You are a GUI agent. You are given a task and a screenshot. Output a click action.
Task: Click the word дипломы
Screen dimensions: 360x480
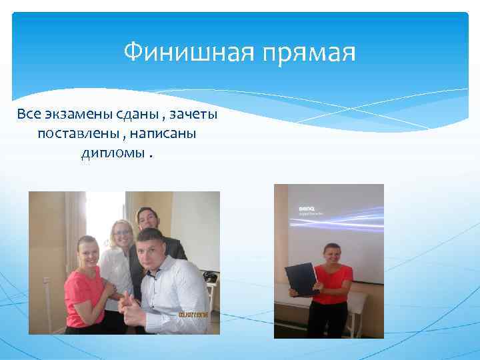[x=111, y=154]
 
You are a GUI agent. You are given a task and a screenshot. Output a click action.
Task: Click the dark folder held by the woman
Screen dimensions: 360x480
[x=301, y=279]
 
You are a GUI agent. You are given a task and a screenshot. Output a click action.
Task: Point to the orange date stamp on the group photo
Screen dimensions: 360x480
[x=193, y=313]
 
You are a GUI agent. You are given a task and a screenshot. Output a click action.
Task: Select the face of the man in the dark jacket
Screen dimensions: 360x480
[x=145, y=219]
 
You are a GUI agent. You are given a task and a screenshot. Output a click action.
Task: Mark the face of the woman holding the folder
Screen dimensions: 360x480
[x=331, y=253]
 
